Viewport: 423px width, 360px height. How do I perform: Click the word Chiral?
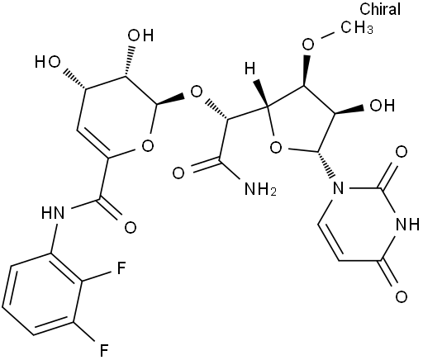pos(380,9)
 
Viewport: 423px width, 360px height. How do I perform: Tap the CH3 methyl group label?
pos(357,27)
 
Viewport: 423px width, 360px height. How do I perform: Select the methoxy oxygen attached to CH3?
pos(308,45)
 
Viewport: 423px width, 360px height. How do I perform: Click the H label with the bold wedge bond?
pos(250,68)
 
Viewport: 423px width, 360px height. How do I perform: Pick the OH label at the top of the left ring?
pos(140,36)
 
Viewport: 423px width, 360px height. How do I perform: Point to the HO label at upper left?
pos(47,62)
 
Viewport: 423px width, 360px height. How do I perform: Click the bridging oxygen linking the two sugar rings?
pos(197,92)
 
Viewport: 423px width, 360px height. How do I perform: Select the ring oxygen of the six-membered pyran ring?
pos(147,145)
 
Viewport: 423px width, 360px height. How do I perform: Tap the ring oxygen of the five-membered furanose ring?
pos(276,148)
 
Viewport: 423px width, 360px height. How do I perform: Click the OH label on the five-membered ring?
pos(383,106)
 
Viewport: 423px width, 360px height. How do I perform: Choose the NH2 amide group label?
pos(260,189)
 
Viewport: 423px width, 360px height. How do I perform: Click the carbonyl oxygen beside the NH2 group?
pos(178,173)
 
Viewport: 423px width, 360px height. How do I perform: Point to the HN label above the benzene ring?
pos(53,213)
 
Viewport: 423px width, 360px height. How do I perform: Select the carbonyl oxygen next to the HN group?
pos(131,227)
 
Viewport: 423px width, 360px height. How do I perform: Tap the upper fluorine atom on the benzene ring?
pos(121,268)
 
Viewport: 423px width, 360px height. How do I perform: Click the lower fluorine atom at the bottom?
pos(103,350)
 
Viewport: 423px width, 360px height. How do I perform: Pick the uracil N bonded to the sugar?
pos(339,188)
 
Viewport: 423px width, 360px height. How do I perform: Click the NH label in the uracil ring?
pos(407,225)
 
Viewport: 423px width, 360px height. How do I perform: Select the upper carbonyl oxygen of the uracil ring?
pos(401,152)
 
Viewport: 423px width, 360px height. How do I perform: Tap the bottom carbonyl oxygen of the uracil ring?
pos(401,297)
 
